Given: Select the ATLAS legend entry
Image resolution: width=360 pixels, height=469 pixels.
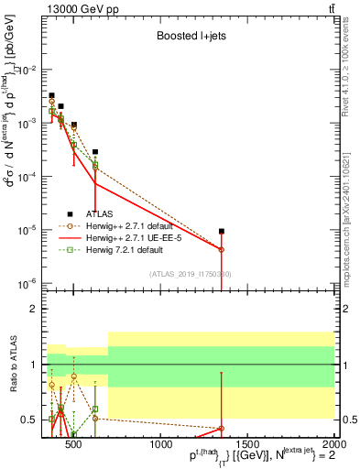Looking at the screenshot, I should tap(102, 212).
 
